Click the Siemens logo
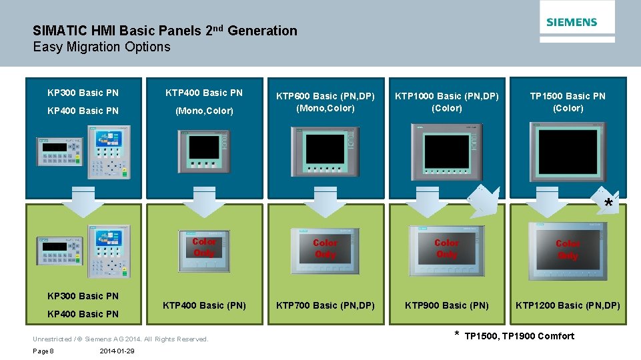572,22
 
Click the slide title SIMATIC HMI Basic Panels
165,31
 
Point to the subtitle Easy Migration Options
101,47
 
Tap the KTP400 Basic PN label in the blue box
204,93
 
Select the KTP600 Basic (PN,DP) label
326,96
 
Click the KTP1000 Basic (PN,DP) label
446,96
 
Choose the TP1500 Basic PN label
568,96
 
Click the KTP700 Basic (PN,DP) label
326,305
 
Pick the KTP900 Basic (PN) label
446,305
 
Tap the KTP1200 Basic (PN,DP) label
568,305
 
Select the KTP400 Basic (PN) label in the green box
204,305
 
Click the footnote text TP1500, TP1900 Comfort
519,336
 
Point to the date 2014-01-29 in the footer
116,351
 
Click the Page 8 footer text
43,351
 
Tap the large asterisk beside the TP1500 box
608,203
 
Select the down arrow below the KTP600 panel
326,201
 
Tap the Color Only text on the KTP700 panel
325,249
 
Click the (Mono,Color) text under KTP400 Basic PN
204,111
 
